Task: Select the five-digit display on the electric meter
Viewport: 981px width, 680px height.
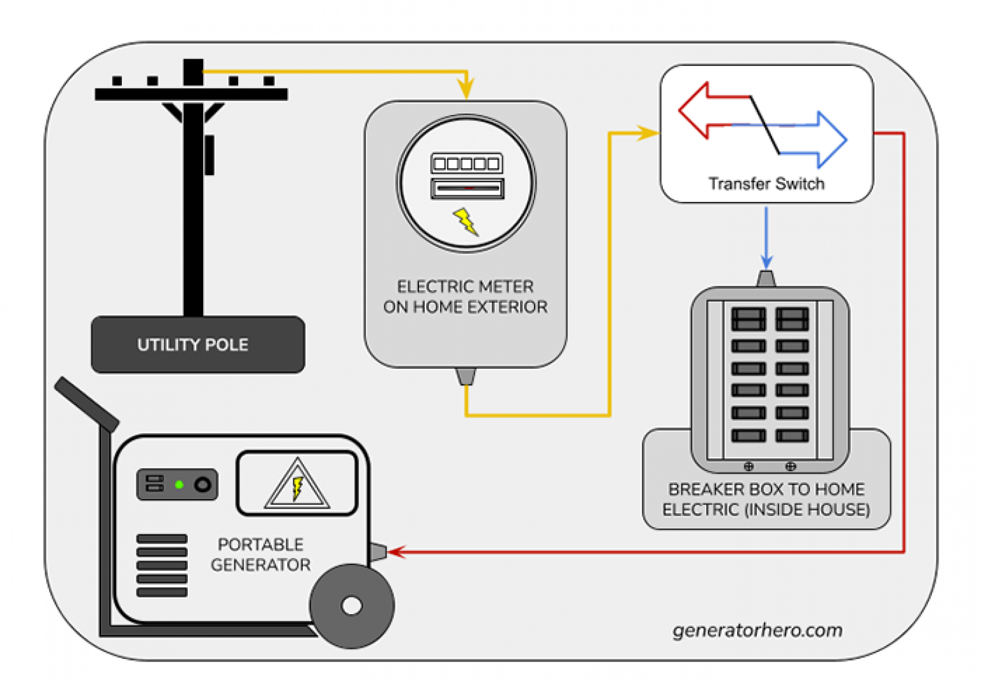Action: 467,164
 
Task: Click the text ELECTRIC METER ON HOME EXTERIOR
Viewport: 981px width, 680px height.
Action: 465,297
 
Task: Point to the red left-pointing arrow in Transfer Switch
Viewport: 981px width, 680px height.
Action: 699,111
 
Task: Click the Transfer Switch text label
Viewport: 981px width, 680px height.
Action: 766,184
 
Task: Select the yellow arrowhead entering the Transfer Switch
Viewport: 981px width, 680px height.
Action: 648,133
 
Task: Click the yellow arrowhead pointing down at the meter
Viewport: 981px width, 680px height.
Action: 466,88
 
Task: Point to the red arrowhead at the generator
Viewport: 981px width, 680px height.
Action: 397,552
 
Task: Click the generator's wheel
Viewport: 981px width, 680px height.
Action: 351,605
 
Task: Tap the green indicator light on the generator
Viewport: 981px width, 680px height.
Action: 179,484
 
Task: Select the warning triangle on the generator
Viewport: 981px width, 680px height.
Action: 297,486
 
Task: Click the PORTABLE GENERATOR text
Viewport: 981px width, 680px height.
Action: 261,555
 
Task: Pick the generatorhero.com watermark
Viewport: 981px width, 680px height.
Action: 757,630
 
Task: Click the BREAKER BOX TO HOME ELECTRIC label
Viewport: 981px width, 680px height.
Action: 766,499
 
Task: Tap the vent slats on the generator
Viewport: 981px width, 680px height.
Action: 162,566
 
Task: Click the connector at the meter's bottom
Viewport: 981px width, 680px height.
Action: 466,376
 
